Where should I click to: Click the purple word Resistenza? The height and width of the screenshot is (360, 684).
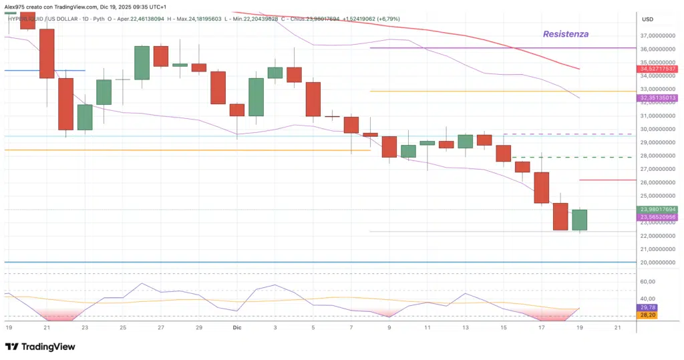pos(565,34)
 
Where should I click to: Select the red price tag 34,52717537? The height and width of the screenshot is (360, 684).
pos(658,69)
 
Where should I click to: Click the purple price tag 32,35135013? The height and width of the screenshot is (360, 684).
pos(658,98)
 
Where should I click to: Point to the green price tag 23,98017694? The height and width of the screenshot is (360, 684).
pos(658,209)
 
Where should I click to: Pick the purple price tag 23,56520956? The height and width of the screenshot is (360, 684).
pos(658,217)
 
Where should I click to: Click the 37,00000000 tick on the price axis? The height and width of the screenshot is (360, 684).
pos(658,35)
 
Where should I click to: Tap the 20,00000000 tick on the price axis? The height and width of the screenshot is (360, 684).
pos(658,262)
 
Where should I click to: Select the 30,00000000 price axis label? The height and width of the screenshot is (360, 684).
pos(658,129)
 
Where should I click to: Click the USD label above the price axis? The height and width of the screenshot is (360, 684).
pos(647,19)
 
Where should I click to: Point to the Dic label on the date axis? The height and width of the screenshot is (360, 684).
pos(237,328)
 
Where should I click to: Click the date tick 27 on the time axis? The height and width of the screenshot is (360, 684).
pos(161,328)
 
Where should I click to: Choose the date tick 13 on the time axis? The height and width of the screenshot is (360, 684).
pos(466,328)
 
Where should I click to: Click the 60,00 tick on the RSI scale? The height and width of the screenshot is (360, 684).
pos(647,282)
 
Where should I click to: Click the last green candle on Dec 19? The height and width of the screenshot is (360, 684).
pos(579,220)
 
